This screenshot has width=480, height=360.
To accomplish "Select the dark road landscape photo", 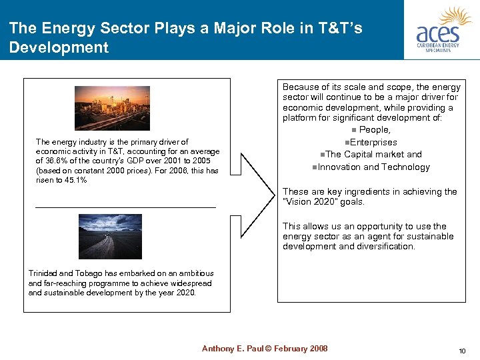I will (x=110, y=236).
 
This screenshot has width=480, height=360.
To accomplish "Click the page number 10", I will (x=462, y=351).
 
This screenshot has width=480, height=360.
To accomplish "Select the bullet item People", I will (x=374, y=130).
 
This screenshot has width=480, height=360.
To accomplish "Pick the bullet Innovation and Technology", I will (x=373, y=167).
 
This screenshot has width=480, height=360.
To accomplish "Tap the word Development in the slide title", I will (x=59, y=47).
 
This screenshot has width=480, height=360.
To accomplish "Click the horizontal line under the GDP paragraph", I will (x=125, y=207).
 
